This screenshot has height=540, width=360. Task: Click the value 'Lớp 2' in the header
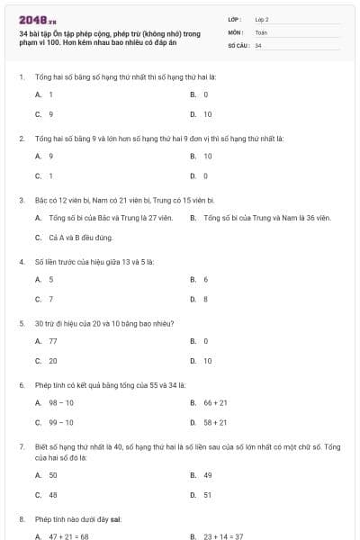262,19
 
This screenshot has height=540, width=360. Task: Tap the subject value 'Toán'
261,31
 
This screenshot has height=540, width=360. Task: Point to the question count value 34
258,44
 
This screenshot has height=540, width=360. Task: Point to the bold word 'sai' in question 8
116,519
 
